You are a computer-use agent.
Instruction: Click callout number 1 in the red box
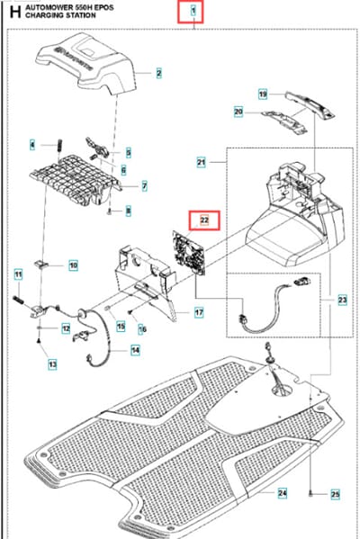(193, 11)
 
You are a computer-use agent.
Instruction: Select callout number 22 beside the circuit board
(204, 220)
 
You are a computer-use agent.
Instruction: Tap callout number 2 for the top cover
(158, 73)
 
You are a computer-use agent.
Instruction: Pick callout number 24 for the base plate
(283, 492)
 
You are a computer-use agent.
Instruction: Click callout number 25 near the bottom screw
(335, 495)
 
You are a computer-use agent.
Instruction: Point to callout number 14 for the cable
(136, 350)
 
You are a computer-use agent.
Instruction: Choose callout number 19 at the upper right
(263, 94)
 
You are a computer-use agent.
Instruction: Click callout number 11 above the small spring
(19, 275)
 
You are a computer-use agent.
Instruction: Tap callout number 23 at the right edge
(343, 300)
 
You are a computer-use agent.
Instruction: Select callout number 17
(199, 312)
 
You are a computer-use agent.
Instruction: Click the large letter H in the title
(15, 12)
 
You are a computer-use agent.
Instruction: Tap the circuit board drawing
(189, 253)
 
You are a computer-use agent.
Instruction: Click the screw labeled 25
(310, 494)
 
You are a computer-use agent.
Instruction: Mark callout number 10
(73, 265)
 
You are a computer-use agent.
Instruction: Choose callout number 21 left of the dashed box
(201, 162)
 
